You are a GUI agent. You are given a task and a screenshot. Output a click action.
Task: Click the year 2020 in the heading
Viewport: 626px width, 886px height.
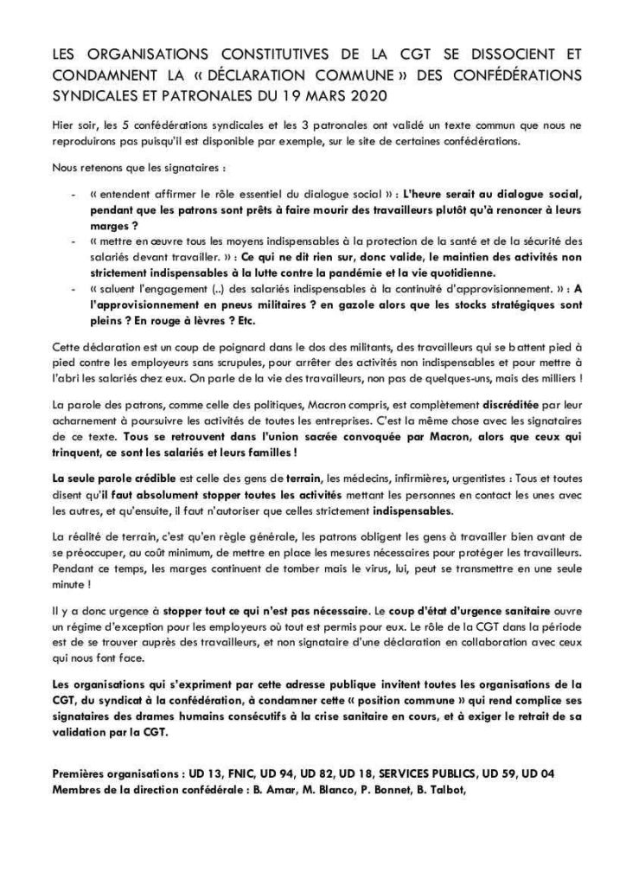[x=367, y=94]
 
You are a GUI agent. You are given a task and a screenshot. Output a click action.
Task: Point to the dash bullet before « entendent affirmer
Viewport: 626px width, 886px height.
[x=72, y=187]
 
